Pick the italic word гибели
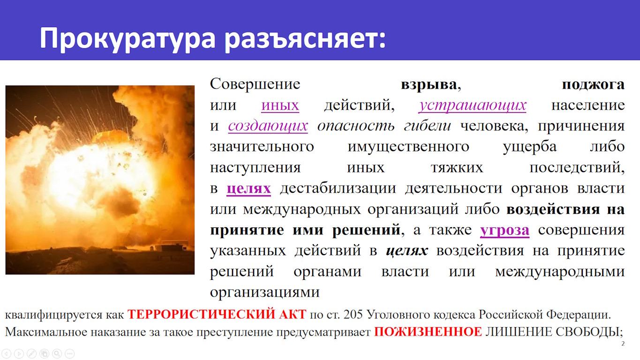(x=428, y=126)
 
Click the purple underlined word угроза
(x=504, y=231)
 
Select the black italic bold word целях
(x=407, y=251)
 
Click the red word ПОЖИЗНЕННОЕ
(x=428, y=332)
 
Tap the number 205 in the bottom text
(x=353, y=315)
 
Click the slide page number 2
(x=623, y=344)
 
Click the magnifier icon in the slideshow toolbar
(x=57, y=354)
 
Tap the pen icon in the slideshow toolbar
(x=31, y=354)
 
